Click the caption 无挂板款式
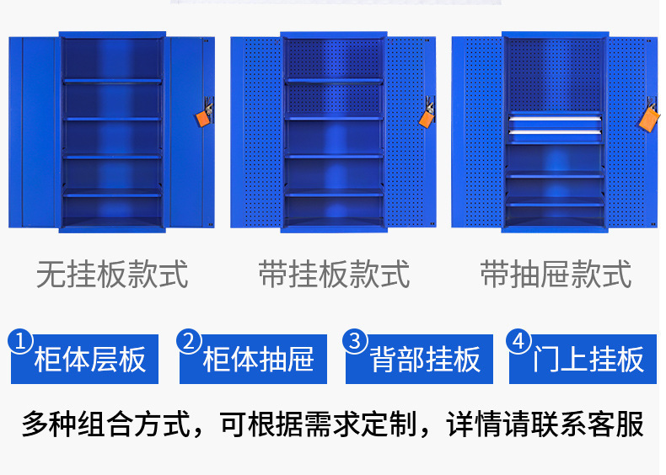click(112, 275)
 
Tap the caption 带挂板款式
click(334, 275)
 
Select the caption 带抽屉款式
click(556, 275)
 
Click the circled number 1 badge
click(22, 341)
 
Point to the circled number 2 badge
click(191, 341)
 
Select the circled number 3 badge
click(356, 341)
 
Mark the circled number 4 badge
click(519, 341)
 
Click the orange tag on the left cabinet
click(203, 115)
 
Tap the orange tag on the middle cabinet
click(427, 116)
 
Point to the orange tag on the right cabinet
click(648, 117)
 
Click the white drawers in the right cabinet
click(555, 125)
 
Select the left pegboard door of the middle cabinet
click(255, 131)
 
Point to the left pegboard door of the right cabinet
click(477, 131)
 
